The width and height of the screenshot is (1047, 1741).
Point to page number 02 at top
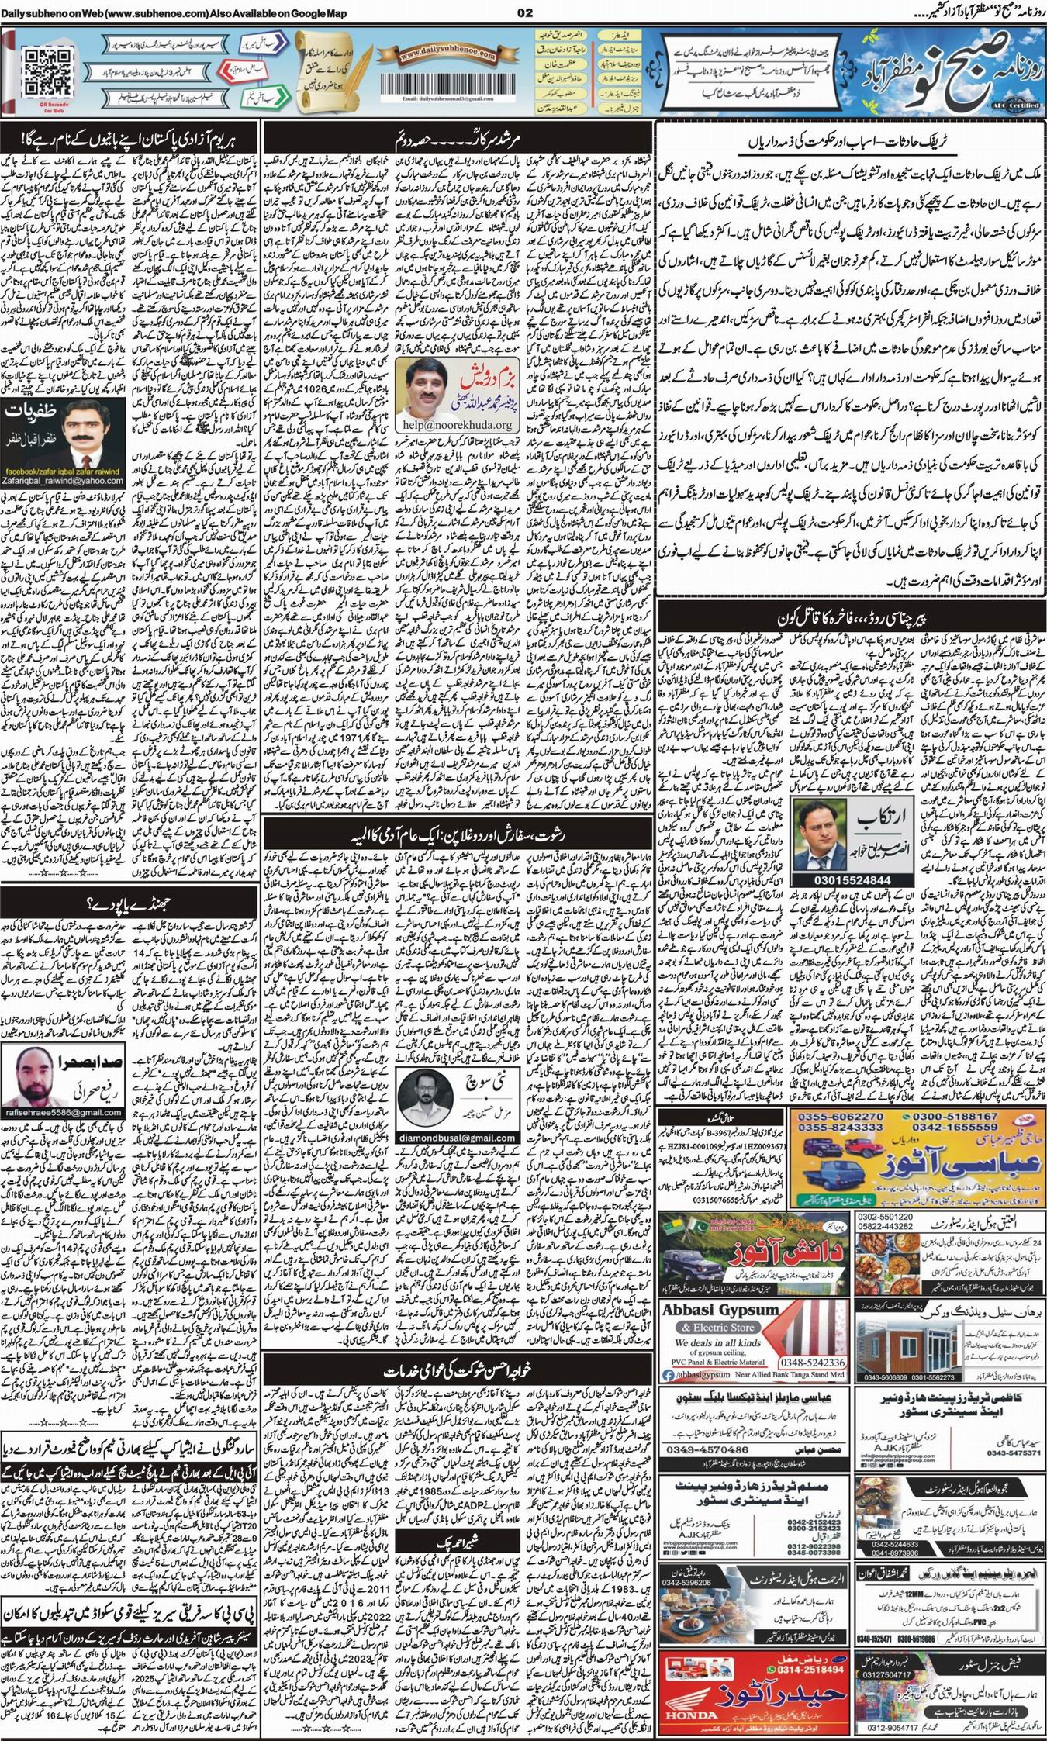coord(523,12)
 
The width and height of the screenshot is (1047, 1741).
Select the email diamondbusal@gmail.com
coord(457,1138)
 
